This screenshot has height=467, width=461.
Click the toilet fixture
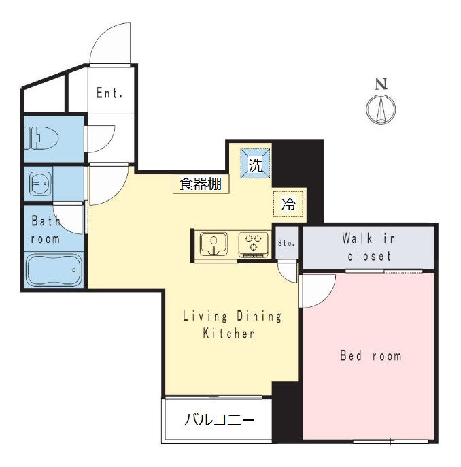[x=41, y=138]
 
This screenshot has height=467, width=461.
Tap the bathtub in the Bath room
[x=54, y=270]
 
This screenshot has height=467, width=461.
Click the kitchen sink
[x=214, y=244]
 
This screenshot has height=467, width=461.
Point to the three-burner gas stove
[x=254, y=245]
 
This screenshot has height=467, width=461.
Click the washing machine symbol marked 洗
[x=255, y=163]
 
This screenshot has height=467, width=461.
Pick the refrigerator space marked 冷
[x=288, y=204]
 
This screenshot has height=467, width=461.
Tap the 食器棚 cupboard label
[x=201, y=184]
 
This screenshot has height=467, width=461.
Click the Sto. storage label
[x=286, y=243]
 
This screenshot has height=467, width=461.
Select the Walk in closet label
[x=369, y=247]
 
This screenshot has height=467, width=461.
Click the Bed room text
[x=371, y=356]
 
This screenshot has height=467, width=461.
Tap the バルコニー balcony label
[x=219, y=420]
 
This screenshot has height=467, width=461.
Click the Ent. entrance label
[x=109, y=93]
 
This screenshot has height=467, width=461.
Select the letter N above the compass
[x=381, y=84]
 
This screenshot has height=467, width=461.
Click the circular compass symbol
[x=381, y=110]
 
